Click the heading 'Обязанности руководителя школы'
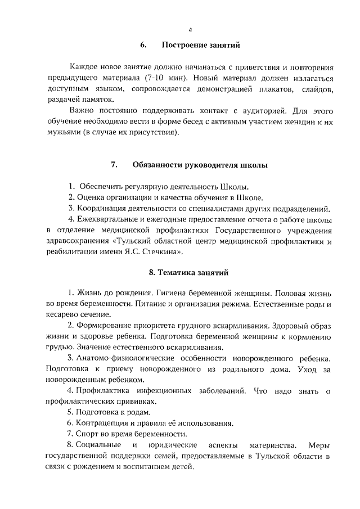[x=200, y=165]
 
